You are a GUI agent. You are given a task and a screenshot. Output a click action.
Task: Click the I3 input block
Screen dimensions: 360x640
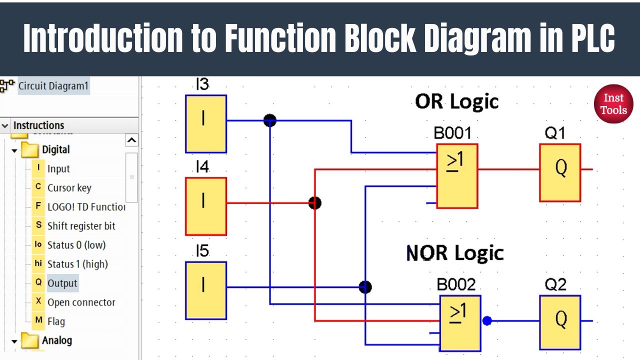point(205,124)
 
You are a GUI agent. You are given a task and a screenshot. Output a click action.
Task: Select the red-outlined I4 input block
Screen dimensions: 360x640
point(205,206)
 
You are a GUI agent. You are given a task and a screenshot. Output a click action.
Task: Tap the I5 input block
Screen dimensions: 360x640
point(205,290)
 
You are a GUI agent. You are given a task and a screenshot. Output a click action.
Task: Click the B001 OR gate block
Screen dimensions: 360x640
point(457,176)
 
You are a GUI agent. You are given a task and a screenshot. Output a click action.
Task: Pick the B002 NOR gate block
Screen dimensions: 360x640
point(460,323)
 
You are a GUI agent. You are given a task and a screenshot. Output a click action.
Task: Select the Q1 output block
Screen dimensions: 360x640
point(560,172)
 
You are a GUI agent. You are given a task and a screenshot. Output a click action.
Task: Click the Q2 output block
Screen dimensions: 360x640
point(560,322)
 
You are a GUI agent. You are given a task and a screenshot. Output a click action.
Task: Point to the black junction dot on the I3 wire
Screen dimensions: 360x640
point(270,120)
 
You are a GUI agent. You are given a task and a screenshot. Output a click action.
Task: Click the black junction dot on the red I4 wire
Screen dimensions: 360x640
point(314,203)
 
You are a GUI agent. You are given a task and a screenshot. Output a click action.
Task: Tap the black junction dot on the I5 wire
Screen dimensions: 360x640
point(365,287)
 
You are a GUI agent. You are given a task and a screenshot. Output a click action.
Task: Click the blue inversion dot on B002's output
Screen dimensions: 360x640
point(487,321)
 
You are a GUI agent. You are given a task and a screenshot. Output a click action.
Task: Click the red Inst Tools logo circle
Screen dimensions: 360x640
point(613,104)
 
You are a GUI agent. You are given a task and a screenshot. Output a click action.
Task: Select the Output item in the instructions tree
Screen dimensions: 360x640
point(62,283)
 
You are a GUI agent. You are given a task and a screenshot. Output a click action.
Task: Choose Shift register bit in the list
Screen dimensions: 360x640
point(81,226)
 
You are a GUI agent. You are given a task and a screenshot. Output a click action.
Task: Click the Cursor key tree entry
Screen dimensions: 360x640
point(69,188)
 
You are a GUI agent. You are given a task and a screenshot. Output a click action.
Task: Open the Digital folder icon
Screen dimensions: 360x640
point(30,149)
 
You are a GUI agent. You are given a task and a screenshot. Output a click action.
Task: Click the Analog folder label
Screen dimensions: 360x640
point(56,340)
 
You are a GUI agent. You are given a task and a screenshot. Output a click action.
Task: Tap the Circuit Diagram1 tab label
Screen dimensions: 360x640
point(53,86)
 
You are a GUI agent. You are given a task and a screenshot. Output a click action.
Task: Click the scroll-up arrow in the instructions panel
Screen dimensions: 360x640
point(131,140)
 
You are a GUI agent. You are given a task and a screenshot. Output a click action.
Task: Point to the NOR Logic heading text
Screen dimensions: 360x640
point(455,253)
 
